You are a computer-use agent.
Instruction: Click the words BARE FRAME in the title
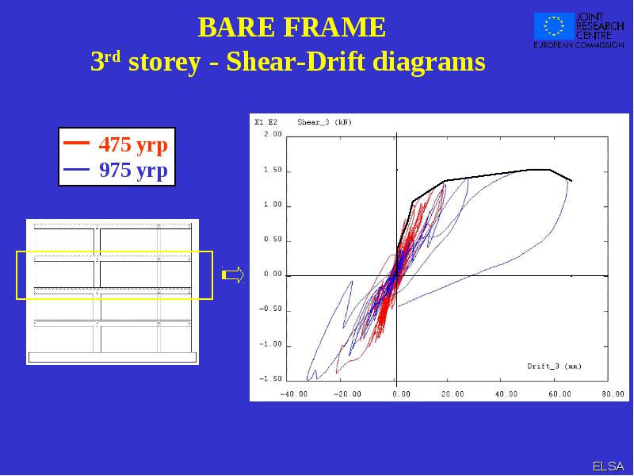(292, 27)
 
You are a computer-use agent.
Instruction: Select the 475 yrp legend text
(133, 144)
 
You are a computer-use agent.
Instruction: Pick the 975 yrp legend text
(133, 170)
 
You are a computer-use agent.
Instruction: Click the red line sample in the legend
(76, 143)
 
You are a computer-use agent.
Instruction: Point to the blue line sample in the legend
(76, 169)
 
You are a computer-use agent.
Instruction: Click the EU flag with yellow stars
(554, 26)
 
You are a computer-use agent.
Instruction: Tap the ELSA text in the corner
(608, 466)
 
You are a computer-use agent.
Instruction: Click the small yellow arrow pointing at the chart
(233, 274)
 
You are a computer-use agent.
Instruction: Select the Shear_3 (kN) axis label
(325, 122)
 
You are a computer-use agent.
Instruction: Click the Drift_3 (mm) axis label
(554, 367)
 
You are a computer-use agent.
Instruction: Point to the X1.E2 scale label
(266, 122)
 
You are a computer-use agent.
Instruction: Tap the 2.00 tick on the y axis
(273, 134)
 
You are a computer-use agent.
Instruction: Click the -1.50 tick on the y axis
(270, 379)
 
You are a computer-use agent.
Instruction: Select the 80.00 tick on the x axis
(613, 393)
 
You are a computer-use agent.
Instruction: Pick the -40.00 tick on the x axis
(293, 393)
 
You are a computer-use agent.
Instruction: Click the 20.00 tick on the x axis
(453, 393)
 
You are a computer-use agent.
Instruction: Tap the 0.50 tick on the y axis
(273, 240)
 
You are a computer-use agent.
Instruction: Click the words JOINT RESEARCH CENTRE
(600, 26)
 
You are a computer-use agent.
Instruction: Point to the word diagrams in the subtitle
(429, 63)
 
